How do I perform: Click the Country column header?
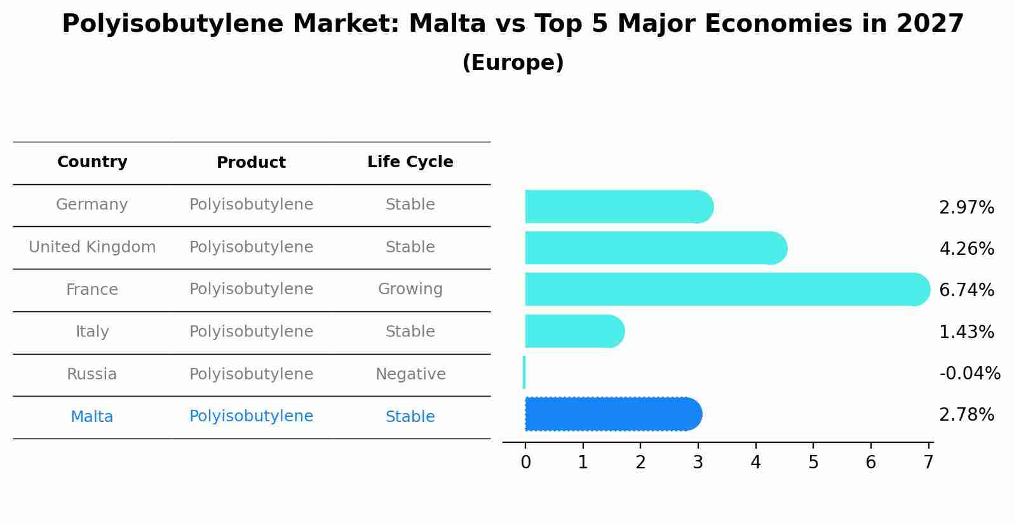click(92, 162)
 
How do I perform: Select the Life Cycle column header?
click(410, 162)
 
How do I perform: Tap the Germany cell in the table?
click(92, 205)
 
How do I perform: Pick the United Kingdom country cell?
click(92, 247)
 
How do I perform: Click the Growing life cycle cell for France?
click(410, 289)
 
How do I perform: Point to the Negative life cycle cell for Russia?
click(410, 374)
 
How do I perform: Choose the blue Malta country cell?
click(92, 417)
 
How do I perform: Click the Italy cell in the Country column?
click(92, 332)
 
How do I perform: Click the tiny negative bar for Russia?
click(524, 372)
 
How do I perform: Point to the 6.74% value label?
click(966, 290)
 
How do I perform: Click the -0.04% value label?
click(970, 373)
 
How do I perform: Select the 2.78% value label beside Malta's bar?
click(966, 415)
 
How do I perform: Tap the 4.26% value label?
click(966, 248)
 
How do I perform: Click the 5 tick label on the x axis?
click(813, 463)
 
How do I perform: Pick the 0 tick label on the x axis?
click(525, 463)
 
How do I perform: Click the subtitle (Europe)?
click(513, 63)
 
